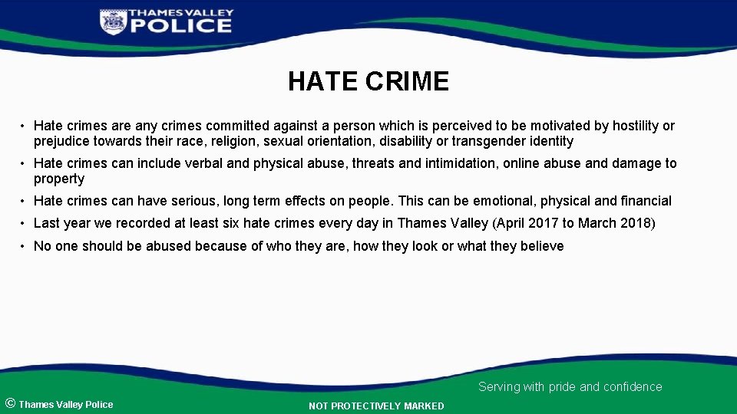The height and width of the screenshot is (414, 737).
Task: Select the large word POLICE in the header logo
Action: pos(180,26)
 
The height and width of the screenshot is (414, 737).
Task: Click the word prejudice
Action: pos(61,141)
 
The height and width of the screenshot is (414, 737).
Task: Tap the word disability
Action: pos(403,141)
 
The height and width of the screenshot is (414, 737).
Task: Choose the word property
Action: pos(59,179)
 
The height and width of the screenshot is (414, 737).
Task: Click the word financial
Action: pos(646,201)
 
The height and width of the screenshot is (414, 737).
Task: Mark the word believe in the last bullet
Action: pos(541,246)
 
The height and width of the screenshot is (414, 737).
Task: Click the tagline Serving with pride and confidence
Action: pos(570,387)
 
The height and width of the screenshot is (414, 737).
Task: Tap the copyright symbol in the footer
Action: pos(10,403)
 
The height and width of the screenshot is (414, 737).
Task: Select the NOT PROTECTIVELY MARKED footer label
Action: pos(376,406)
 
